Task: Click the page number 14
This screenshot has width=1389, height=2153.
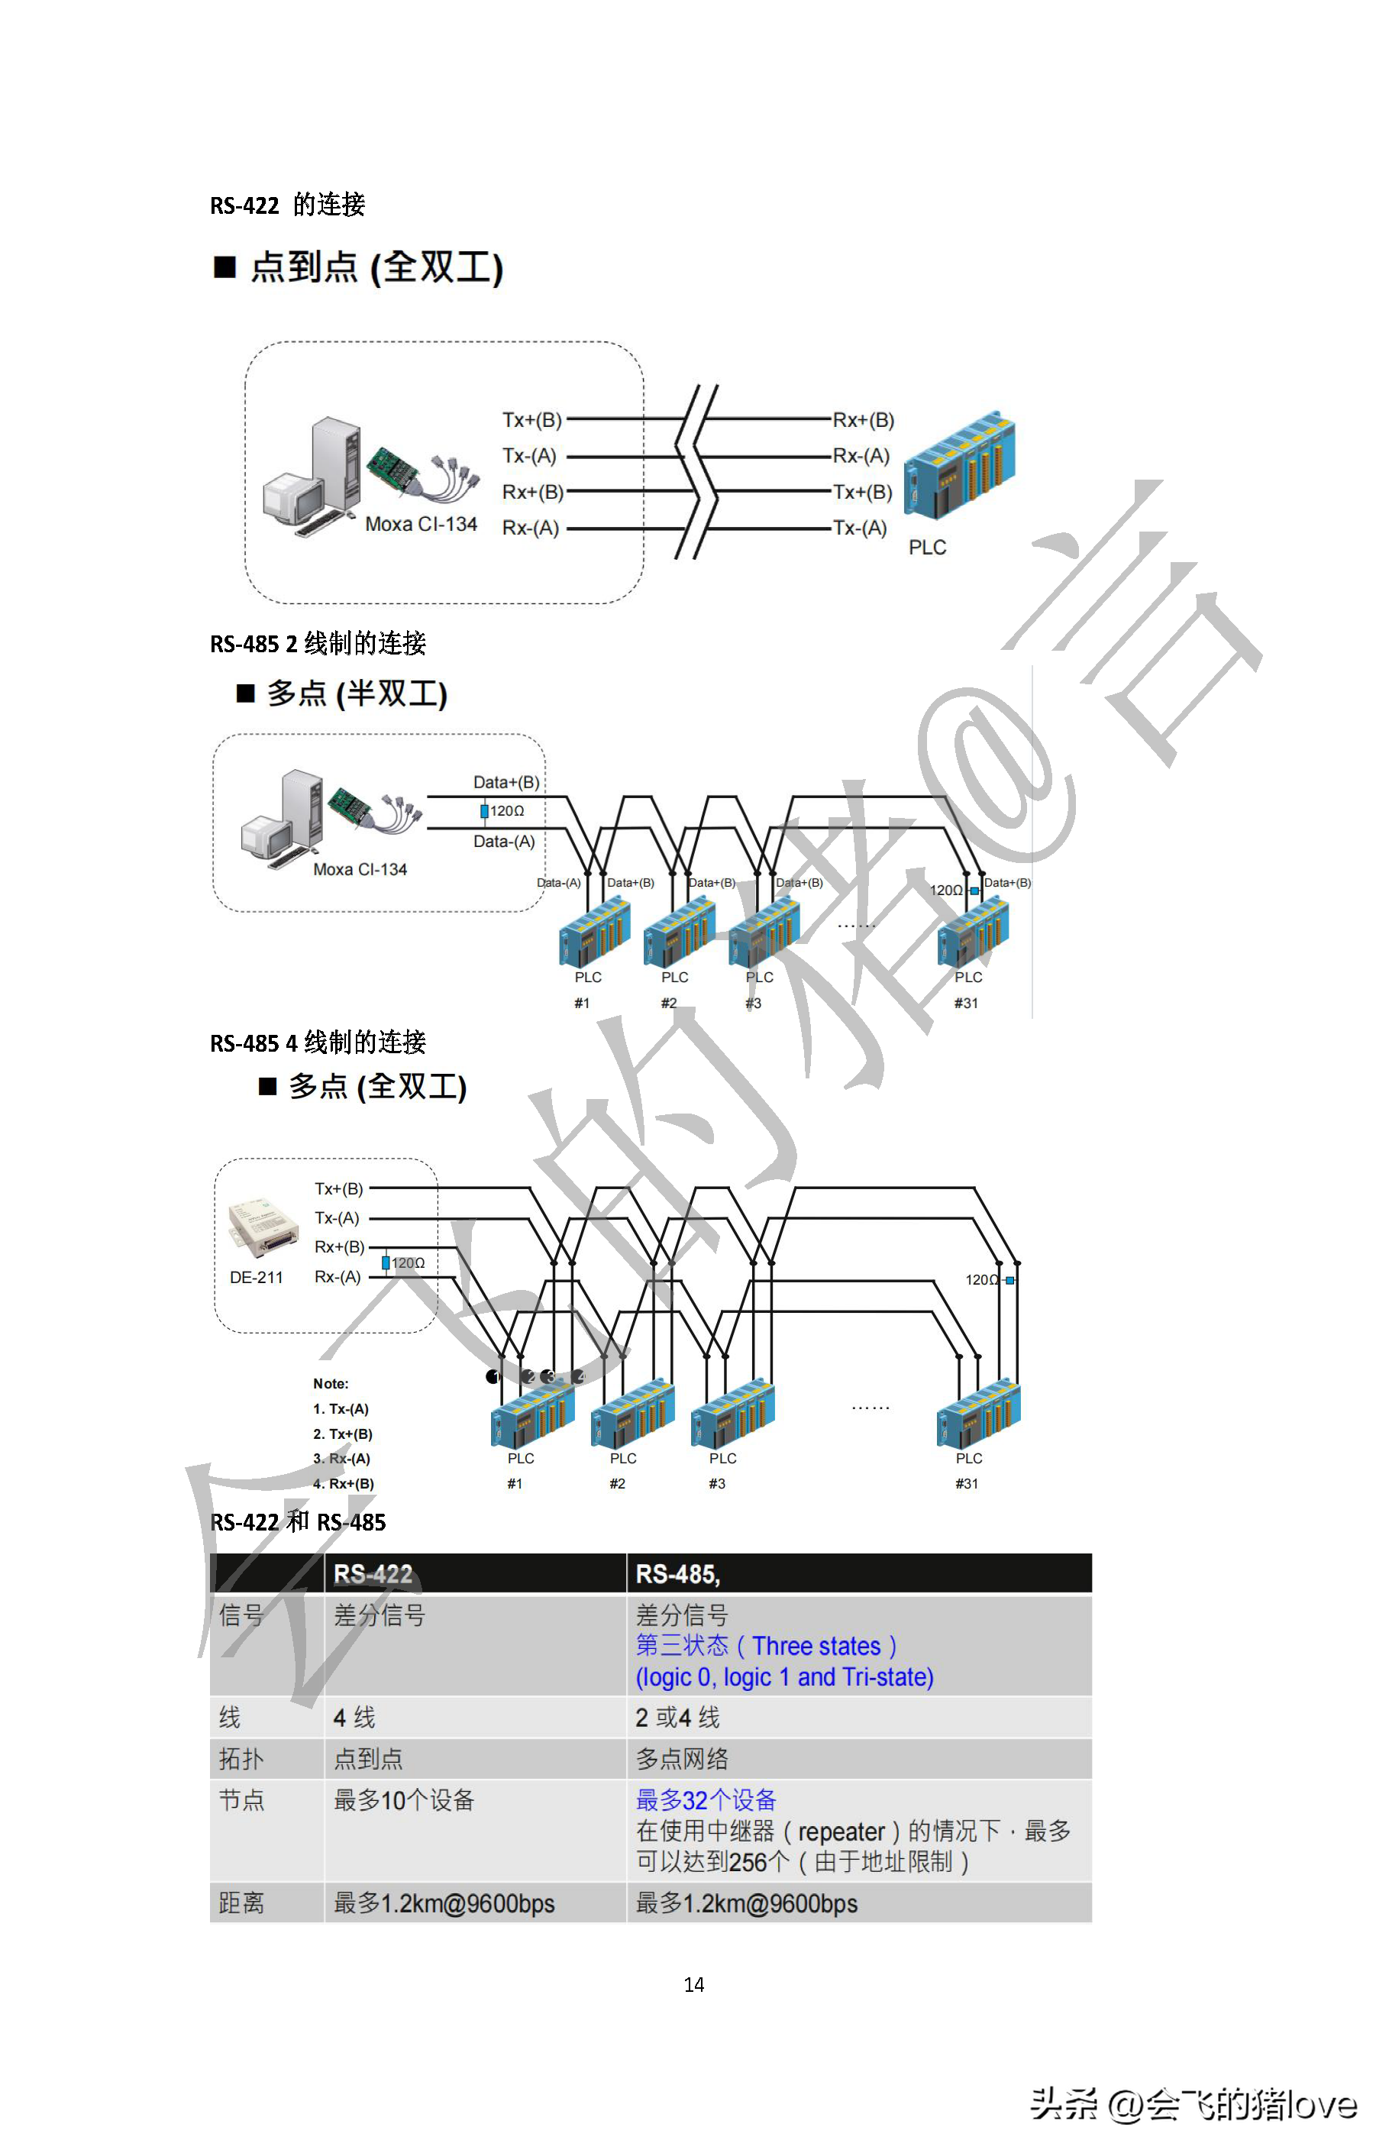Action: click(693, 1984)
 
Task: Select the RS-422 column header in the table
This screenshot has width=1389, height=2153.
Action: click(373, 1574)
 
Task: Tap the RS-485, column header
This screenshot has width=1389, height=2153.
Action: click(677, 1574)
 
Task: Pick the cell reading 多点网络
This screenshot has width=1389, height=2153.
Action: click(682, 1758)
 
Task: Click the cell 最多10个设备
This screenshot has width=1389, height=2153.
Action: click(404, 1800)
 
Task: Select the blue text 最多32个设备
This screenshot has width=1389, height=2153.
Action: click(706, 1800)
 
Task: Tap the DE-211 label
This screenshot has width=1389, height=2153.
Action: click(256, 1277)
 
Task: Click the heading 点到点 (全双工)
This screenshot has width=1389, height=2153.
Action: click(376, 267)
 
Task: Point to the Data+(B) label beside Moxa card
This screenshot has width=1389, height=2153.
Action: click(506, 782)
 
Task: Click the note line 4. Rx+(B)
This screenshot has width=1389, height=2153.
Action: click(343, 1483)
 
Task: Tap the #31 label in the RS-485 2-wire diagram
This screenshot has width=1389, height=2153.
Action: click(966, 1003)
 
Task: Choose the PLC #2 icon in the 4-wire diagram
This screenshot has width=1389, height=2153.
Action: click(632, 1414)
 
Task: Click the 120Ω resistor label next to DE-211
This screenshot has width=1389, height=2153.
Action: click(407, 1262)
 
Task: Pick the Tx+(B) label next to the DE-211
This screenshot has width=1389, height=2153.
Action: click(338, 1189)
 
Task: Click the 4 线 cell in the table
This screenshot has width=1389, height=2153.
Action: click(354, 1718)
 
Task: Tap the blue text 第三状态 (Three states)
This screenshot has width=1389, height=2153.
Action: click(766, 1646)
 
